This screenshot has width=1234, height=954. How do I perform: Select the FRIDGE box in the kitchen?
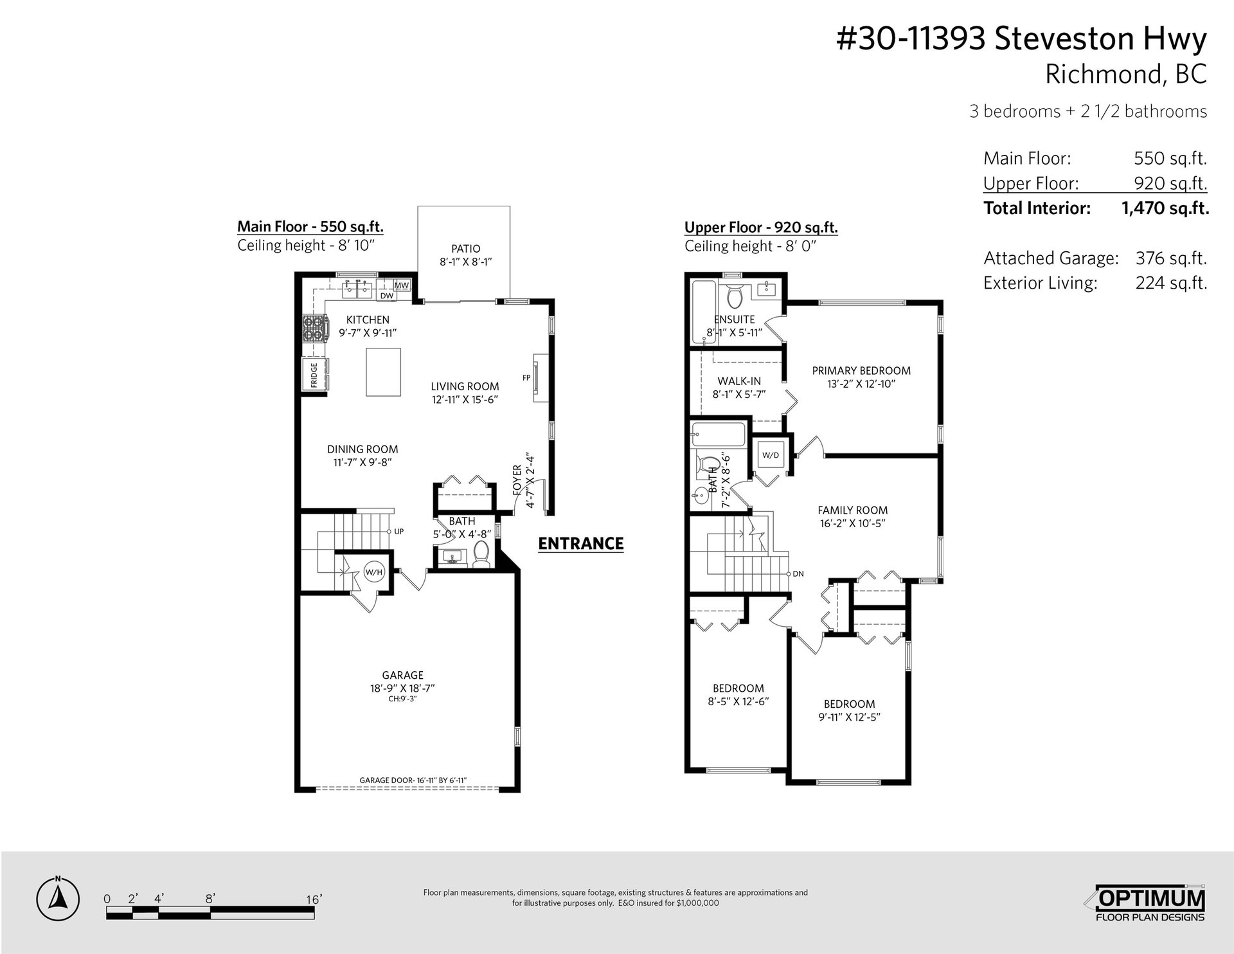pos(314,375)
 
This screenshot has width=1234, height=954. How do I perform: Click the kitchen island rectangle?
pos(383,372)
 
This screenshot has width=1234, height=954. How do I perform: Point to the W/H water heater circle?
pos(373,571)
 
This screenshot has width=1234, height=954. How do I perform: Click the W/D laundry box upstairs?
pos(771,455)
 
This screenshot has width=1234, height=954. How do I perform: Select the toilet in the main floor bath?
pos(481,554)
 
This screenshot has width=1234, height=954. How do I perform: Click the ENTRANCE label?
pos(581,544)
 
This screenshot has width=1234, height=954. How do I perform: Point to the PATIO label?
pos(465,249)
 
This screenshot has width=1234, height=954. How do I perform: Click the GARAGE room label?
pos(402,675)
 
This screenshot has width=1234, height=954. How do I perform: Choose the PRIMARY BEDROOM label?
pos(861,371)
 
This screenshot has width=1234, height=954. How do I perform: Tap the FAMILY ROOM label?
pos(853,510)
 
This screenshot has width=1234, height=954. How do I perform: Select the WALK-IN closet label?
pos(739,381)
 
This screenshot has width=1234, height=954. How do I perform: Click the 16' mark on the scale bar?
pos(314,899)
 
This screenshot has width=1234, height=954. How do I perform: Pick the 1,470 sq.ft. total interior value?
pos(1165,208)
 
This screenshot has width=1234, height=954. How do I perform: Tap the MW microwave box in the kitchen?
pos(402,285)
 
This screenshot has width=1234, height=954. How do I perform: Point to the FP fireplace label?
pos(526,378)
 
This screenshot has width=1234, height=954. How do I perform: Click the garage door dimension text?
pos(413,780)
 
